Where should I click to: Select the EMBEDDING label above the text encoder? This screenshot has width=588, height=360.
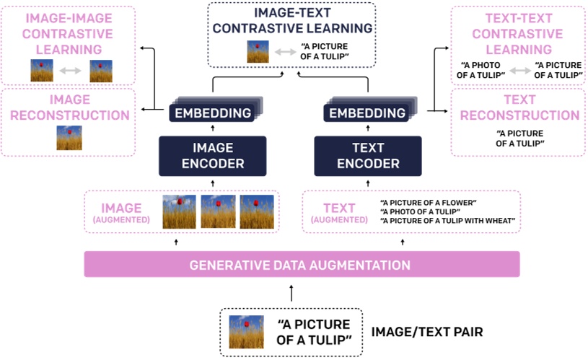pos(367,113)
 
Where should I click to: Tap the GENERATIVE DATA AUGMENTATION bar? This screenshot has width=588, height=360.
pos(301,265)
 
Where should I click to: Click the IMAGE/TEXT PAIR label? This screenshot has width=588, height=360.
pos(426,332)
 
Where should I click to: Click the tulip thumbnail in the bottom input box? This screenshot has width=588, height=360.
pos(241,332)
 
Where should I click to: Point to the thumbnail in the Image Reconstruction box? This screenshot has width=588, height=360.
pos(69,137)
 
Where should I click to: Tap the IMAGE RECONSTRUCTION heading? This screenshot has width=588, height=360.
pos(69,107)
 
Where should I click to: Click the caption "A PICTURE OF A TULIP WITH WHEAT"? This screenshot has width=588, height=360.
pos(447,220)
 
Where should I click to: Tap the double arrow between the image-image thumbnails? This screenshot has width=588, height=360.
pos(71,71)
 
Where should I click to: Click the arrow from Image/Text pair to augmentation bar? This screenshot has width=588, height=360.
pos(291,292)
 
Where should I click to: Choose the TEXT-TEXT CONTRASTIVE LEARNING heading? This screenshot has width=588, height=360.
pos(514,33)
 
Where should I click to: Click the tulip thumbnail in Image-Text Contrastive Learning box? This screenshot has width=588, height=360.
pos(258,51)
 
